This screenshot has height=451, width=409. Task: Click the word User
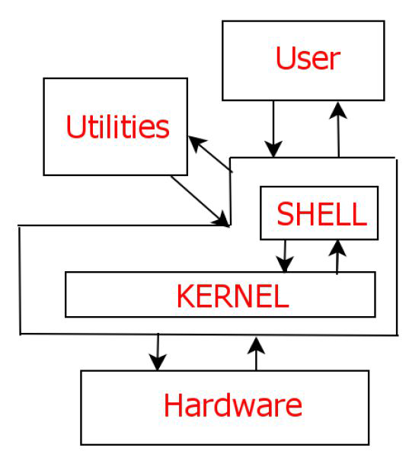pos(308,58)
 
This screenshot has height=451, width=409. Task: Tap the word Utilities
pos(117,126)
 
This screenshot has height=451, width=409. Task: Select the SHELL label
pos(321,214)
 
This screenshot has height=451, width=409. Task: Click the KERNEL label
pos(233,296)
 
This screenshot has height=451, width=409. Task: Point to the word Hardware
pos(233,405)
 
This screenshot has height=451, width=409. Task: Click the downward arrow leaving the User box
pos(273,129)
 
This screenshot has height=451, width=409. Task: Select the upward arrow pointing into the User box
pos(338,130)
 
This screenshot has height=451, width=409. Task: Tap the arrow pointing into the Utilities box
pos(210,154)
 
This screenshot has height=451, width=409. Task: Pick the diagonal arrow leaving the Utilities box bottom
pos(200,201)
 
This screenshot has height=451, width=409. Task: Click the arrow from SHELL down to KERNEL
pos(285,256)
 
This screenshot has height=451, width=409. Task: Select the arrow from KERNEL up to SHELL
pos(337,257)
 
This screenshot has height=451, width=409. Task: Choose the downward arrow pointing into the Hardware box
pos(158,352)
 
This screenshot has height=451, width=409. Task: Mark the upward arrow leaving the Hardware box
pos(256,354)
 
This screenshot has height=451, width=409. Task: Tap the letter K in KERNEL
pos(187,296)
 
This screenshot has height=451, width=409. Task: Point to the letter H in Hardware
pos(174,405)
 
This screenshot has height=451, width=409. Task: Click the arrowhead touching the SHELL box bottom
pos(337,248)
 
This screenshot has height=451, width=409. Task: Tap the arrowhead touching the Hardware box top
pos(158,363)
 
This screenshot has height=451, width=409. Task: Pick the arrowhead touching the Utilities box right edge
pos(197,143)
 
